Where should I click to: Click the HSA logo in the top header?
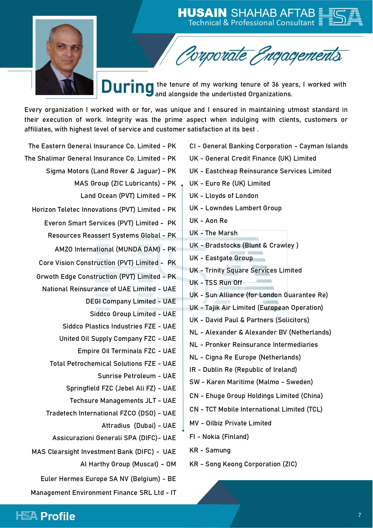[341, 17]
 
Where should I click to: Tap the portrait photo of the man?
[65, 57]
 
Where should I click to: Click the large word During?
[127, 87]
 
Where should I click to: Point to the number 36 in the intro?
[275, 85]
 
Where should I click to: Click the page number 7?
[359, 515]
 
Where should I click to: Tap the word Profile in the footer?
[58, 516]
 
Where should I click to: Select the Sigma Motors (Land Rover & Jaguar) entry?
[111, 171]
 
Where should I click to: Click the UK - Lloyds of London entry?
[224, 196]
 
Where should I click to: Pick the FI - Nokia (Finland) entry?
[219, 437]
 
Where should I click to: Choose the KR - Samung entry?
[210, 450]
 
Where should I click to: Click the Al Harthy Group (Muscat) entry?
[128, 464]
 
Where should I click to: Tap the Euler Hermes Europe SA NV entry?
[108, 479]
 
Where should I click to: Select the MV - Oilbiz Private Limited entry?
[230, 423]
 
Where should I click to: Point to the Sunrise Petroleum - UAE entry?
[137, 376]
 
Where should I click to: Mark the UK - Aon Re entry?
[208, 221]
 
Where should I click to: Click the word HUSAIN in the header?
[202, 13]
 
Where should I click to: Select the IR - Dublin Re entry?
[243, 370]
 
